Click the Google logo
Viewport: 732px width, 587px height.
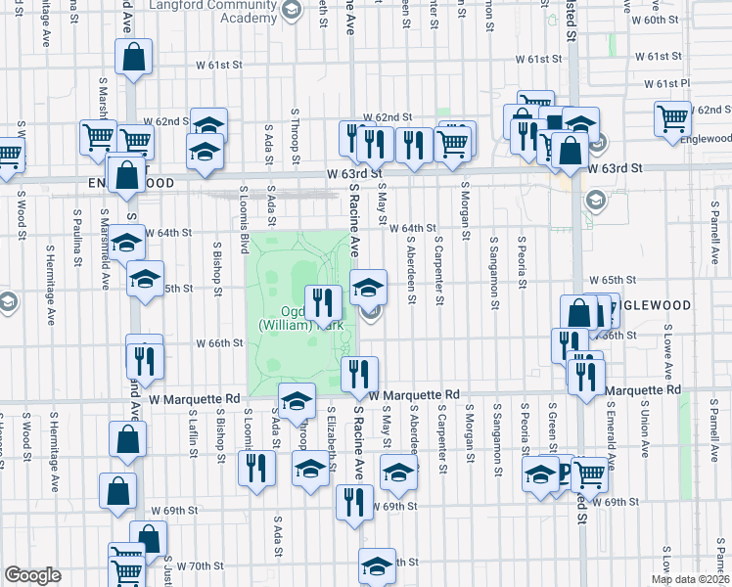32,575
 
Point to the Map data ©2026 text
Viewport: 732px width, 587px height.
690,578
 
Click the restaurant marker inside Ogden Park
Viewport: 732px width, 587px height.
324,302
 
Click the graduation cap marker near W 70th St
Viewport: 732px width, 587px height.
377,564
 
